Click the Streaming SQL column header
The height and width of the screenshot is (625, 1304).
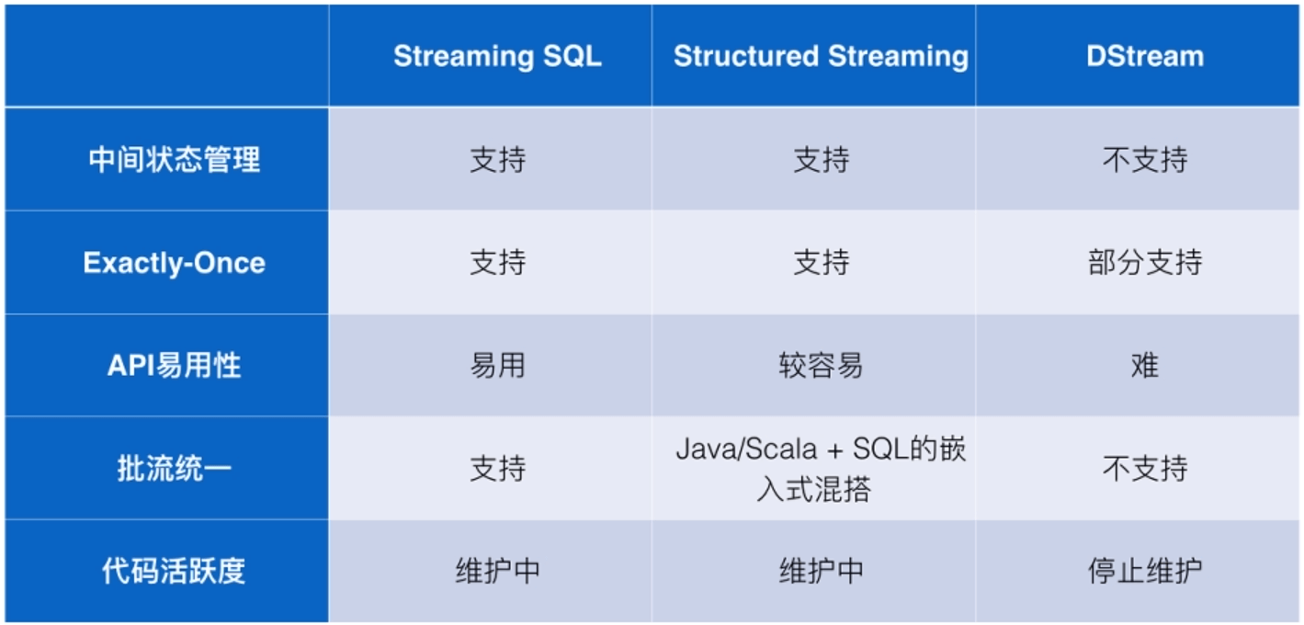(x=497, y=56)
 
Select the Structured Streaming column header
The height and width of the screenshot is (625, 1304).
(x=821, y=56)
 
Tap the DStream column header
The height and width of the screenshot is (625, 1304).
(x=1144, y=56)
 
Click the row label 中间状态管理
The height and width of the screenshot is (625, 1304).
(x=175, y=160)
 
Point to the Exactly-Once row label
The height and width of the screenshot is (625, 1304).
(x=175, y=263)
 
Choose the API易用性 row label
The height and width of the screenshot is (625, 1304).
(x=175, y=366)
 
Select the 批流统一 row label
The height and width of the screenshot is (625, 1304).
(x=175, y=469)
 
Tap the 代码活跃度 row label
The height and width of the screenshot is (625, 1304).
(x=175, y=572)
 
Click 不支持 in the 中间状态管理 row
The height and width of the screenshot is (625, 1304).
(x=1144, y=160)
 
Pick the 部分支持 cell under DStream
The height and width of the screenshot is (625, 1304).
(x=1144, y=263)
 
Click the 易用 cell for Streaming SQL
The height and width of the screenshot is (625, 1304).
(x=497, y=366)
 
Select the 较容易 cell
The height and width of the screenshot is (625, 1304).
(x=821, y=366)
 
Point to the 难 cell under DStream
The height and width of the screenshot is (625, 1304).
(x=1144, y=366)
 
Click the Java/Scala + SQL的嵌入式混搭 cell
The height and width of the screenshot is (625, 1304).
(x=821, y=469)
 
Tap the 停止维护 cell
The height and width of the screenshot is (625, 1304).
(x=1144, y=572)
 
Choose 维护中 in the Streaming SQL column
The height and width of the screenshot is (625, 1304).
(x=497, y=572)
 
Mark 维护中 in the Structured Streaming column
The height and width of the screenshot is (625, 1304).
(x=821, y=572)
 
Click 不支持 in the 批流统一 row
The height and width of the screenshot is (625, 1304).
(x=1144, y=469)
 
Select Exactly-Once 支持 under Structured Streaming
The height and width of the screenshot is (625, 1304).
(x=821, y=263)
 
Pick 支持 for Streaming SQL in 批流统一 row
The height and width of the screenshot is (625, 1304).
(x=497, y=469)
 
